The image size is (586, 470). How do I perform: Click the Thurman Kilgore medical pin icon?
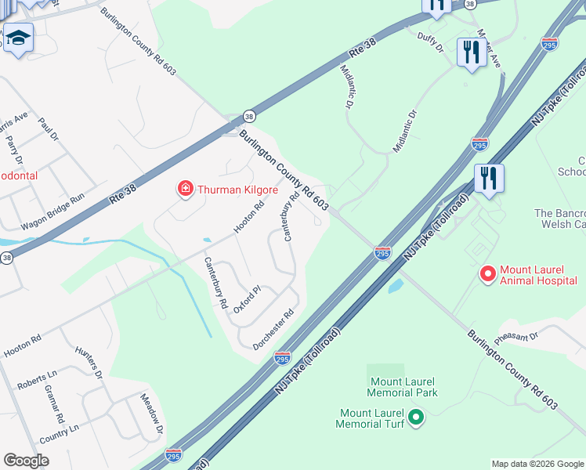(185, 188)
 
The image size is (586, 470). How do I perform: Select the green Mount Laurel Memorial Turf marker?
(416, 418)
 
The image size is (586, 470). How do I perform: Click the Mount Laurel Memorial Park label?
(403, 387)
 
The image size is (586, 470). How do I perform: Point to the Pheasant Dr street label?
(517, 338)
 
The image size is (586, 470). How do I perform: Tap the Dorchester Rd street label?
(273, 330)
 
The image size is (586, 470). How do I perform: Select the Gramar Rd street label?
(52, 403)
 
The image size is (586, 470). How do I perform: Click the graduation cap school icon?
(18, 37)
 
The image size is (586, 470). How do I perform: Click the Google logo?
(26, 461)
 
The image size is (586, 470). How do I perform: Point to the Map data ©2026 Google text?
(537, 464)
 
